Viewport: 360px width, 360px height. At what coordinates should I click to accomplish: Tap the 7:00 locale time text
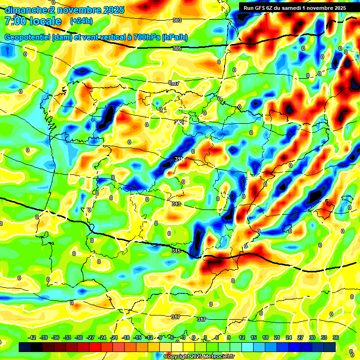coord(33,21)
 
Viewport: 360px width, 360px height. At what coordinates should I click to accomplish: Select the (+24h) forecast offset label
coord(81,21)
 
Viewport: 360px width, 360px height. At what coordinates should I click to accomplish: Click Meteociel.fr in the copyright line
coord(216,357)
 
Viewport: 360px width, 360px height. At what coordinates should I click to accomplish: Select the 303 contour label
coord(177,20)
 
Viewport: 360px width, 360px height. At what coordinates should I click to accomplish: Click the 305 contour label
coord(177,48)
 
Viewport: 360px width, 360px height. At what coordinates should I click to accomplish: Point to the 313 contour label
coord(176,204)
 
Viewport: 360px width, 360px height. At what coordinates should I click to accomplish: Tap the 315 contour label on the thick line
coord(176,251)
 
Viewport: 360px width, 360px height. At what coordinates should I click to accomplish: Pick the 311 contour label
coord(178,159)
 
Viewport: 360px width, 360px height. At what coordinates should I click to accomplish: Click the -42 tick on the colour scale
coord(32,338)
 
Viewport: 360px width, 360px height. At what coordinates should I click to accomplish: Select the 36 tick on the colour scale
coord(336,338)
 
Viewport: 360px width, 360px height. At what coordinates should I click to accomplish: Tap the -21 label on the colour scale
coord(114,338)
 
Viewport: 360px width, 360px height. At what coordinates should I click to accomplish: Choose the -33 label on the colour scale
coord(67,338)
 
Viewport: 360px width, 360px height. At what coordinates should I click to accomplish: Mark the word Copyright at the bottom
coord(177,357)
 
